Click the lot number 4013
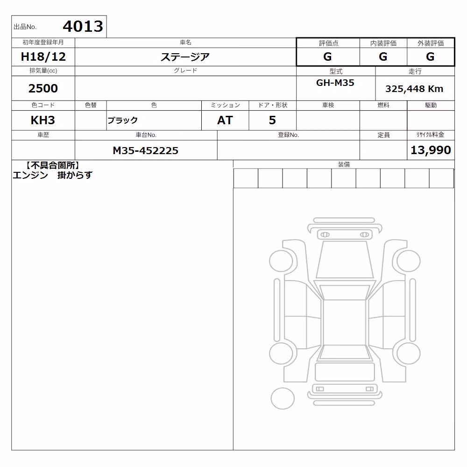83,26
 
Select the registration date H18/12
43,57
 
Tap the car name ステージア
185,57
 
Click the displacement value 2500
43,88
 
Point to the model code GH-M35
335,83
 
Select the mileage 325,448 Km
414,89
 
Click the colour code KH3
43,120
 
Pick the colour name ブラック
122,120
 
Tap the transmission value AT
225,120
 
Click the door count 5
272,120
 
